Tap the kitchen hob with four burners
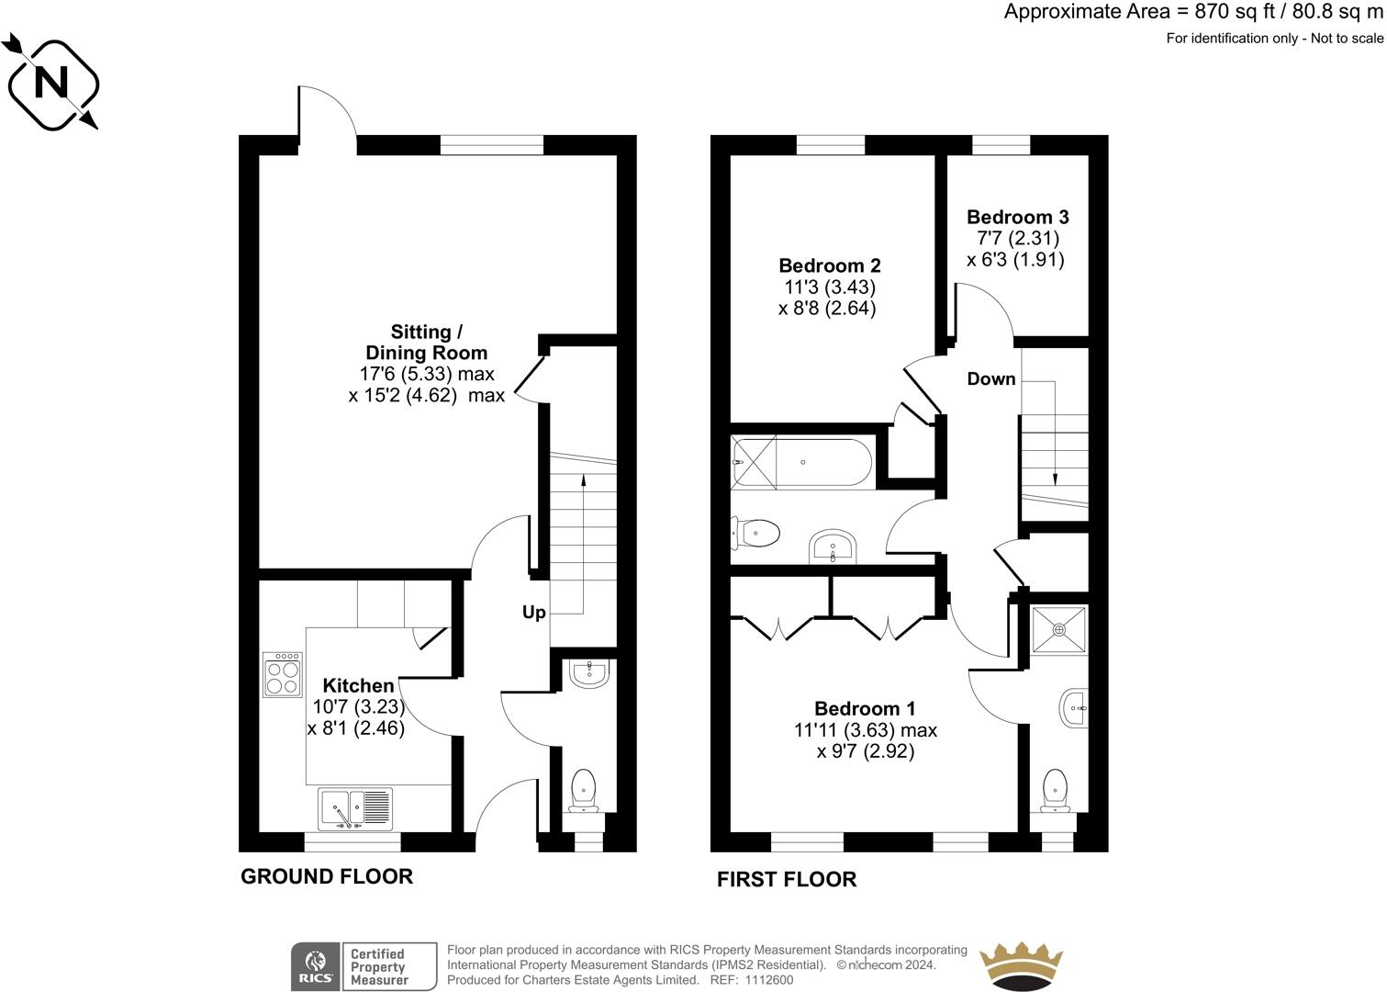(283, 674)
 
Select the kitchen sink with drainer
(355, 808)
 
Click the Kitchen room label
(359, 685)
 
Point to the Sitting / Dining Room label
(427, 342)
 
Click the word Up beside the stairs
(533, 613)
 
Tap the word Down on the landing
(990, 378)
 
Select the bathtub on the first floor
(802, 463)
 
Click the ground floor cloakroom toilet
(583, 791)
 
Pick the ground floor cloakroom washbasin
(589, 673)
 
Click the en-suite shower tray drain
(1058, 629)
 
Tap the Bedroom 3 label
(1017, 217)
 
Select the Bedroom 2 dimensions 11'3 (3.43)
(830, 287)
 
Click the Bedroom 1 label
(865, 708)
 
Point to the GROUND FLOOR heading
(327, 876)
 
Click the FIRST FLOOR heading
(787, 879)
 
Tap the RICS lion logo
(316, 966)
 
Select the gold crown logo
(1021, 966)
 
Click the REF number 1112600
(769, 980)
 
